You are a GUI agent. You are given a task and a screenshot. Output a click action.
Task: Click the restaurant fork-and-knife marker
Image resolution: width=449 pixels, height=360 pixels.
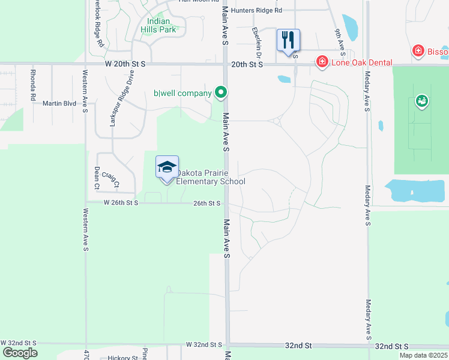click(x=288, y=40)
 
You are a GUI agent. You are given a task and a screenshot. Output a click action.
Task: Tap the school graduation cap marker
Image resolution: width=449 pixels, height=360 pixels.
click(x=167, y=167)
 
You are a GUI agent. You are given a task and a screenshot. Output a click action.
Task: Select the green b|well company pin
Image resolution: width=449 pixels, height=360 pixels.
click(x=221, y=92)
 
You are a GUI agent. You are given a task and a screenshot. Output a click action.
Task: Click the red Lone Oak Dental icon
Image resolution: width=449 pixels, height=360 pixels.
click(x=322, y=62)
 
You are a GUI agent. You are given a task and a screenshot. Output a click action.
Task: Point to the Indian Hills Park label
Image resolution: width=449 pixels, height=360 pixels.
click(x=158, y=25)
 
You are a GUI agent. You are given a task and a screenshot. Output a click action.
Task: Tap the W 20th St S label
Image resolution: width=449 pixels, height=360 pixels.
click(x=125, y=63)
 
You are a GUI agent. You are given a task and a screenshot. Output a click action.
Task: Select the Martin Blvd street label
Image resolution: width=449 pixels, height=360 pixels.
click(x=59, y=103)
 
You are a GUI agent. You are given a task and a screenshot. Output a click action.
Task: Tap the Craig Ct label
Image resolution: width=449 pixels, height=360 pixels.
click(x=110, y=179)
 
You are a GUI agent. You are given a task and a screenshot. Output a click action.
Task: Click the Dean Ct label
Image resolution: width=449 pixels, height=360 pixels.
click(x=96, y=178)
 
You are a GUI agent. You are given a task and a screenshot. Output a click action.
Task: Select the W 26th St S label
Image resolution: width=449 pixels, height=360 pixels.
click(x=121, y=203)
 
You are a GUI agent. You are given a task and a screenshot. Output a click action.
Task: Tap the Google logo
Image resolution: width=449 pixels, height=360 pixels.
click(x=20, y=352)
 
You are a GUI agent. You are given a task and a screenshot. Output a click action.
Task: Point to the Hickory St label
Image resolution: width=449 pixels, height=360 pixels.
click(x=123, y=358)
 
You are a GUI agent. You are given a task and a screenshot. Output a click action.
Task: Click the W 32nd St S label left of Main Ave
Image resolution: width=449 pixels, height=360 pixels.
click(x=204, y=345)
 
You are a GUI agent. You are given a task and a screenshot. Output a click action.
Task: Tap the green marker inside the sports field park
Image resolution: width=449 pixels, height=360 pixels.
click(x=422, y=101)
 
